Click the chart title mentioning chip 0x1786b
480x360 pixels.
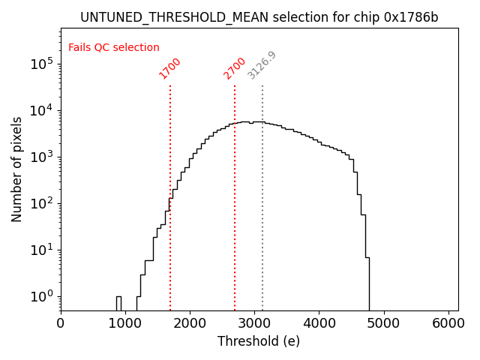[x=259, y=17]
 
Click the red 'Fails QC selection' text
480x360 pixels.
[x=114, y=48]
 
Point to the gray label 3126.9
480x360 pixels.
[x=262, y=65]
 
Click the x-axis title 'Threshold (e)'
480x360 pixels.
[x=259, y=341]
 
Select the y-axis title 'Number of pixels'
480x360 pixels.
[x=17, y=169]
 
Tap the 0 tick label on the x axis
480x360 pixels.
[x=61, y=323]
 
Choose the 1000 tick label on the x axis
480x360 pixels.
[x=125, y=323]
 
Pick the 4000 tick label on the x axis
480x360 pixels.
[x=319, y=323]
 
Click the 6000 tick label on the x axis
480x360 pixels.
[x=448, y=323]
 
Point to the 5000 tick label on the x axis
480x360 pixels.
[x=383, y=323]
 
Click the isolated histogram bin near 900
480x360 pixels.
[x=118, y=303]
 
